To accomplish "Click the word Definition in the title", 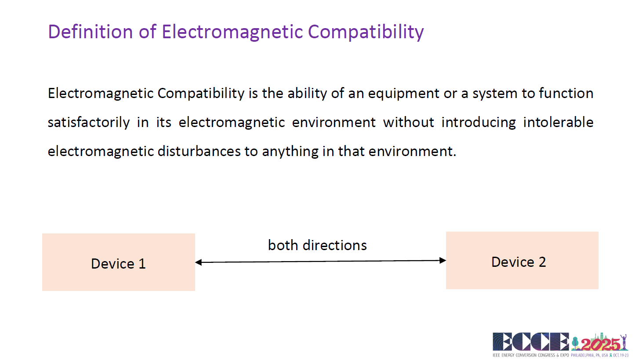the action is (x=91, y=31).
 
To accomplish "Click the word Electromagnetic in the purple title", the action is (x=232, y=31).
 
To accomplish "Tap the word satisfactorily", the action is (x=89, y=123).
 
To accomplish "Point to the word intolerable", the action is (x=558, y=122).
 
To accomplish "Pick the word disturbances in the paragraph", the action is (x=199, y=151).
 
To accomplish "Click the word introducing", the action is (x=479, y=123).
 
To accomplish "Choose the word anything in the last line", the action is (x=290, y=152).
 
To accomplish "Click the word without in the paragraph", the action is (x=409, y=122).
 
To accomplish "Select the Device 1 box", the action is (x=119, y=262).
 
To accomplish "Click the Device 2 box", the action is (x=523, y=261).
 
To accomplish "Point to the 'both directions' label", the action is (x=317, y=245).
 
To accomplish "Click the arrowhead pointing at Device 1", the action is (x=199, y=262).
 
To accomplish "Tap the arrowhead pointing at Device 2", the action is (x=443, y=261).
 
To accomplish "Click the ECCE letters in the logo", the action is (x=531, y=342).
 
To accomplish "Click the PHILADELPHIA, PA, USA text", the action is (x=589, y=356).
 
